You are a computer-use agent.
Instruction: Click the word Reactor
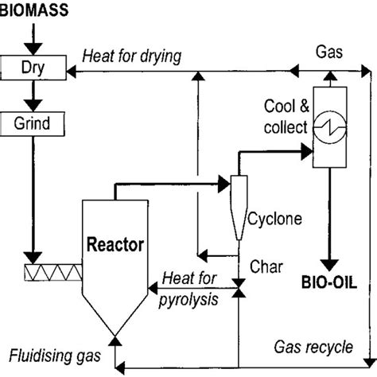click(x=116, y=245)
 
